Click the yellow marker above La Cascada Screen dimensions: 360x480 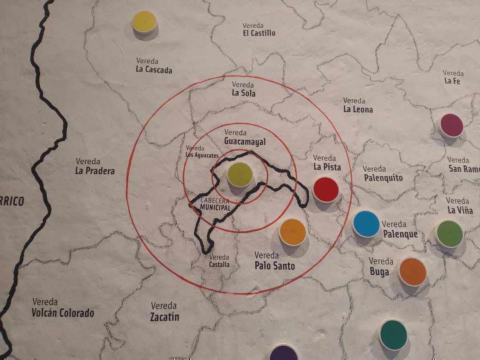pyautogui.click(x=144, y=22)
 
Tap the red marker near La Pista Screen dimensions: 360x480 pyautogui.click(x=326, y=189)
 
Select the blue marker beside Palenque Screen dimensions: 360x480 pyautogui.click(x=366, y=224)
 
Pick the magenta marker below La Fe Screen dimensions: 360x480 pyautogui.click(x=451, y=126)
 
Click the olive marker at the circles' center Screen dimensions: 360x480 pyautogui.click(x=240, y=174)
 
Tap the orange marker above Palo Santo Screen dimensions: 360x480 pyautogui.click(x=293, y=232)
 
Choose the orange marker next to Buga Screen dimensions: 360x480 pyautogui.click(x=412, y=271)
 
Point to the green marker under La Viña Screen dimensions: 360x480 pyautogui.click(x=449, y=234)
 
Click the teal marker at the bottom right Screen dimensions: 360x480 pyautogui.click(x=393, y=335)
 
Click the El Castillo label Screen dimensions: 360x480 pyautogui.click(x=259, y=30)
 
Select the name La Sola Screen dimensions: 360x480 pyautogui.click(x=244, y=89)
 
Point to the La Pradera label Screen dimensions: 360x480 pyautogui.click(x=95, y=167)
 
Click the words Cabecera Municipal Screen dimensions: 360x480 pyautogui.click(x=216, y=205)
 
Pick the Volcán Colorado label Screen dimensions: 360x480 pyautogui.click(x=63, y=308)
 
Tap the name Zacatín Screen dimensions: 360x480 pyautogui.click(x=164, y=312)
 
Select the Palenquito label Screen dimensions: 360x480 pyautogui.click(x=383, y=174)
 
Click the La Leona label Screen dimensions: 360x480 pyautogui.click(x=358, y=105)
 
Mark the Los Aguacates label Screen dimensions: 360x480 pyautogui.click(x=202, y=151)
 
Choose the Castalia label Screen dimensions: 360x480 pyautogui.click(x=219, y=261)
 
